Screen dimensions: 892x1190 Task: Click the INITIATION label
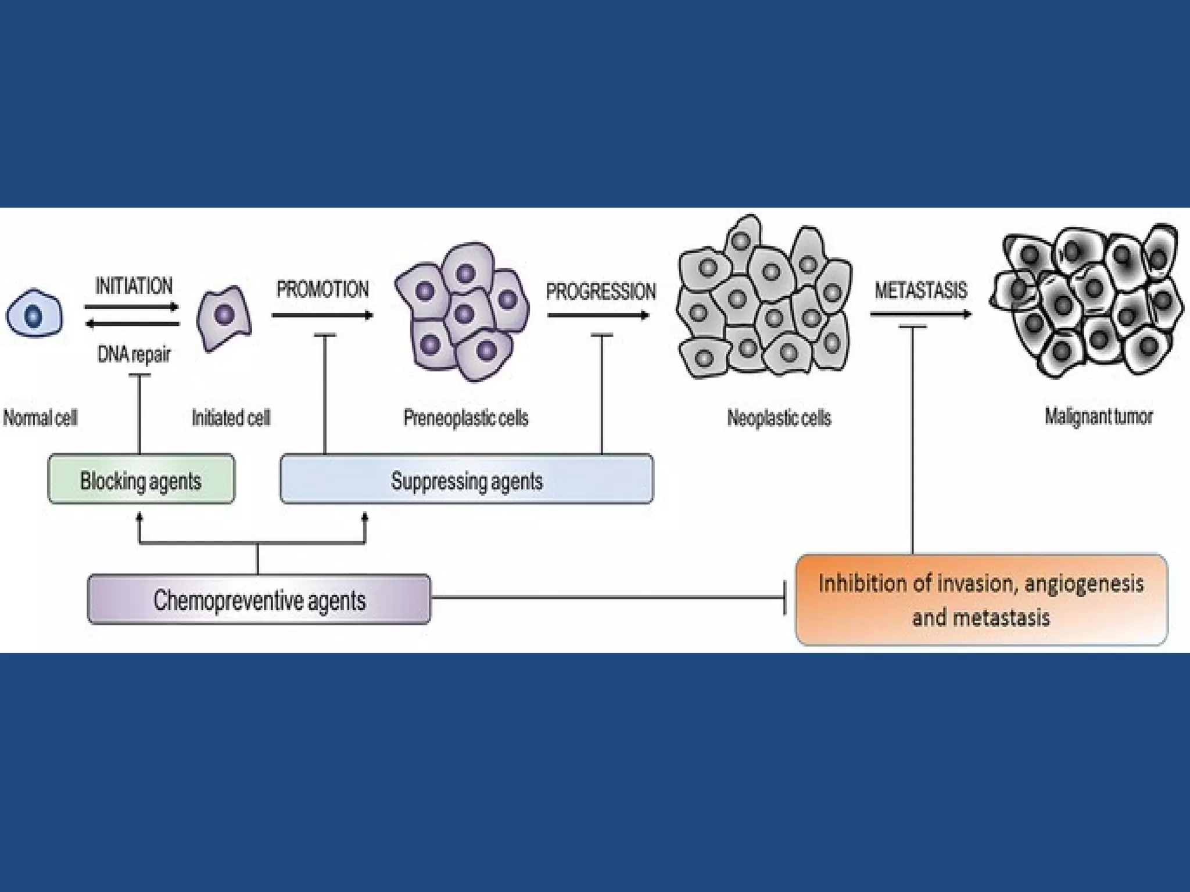point(134,286)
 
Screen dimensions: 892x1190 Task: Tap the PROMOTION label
point(322,289)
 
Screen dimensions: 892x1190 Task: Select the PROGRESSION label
point(600,292)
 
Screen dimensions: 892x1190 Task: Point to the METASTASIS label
point(920,290)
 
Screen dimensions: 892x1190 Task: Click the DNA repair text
point(134,354)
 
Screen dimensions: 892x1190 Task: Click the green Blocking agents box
point(141,480)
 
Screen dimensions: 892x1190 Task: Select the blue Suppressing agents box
point(467,480)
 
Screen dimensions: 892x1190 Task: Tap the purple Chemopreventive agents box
point(259,600)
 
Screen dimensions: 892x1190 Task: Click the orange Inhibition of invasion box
point(981,600)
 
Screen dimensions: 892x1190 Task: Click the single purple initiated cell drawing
point(224,316)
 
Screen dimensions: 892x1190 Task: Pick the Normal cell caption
point(40,418)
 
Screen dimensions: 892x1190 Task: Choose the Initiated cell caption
point(231,418)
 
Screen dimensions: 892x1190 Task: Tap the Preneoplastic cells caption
point(466,418)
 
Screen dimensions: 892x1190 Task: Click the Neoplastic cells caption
point(779,418)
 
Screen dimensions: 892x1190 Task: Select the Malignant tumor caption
point(1098,416)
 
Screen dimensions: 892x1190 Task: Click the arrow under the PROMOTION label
point(322,315)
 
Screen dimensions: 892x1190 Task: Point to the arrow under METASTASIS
point(920,314)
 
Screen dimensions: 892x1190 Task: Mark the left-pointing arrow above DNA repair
point(132,323)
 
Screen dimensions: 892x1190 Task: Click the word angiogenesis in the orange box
point(1084,583)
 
